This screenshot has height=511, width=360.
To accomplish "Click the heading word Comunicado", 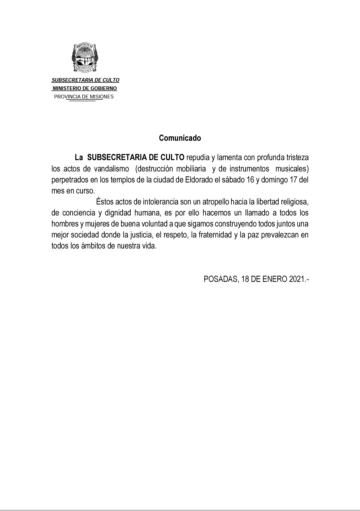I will point(180,138).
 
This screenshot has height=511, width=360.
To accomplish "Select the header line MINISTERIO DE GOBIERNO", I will point(85,88).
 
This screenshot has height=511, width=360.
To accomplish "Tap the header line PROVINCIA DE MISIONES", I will point(84,97).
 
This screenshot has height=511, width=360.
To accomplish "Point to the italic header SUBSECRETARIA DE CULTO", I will point(85,80).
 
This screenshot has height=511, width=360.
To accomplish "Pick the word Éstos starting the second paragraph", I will point(105,202).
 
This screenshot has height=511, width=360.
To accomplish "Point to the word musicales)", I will point(292,169).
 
